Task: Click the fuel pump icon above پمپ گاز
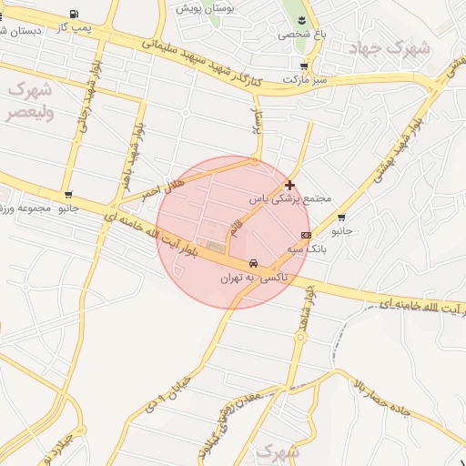click(73, 14)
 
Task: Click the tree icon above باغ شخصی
click(297, 19)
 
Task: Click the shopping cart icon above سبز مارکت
click(303, 66)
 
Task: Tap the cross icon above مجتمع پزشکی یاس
click(289, 185)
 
